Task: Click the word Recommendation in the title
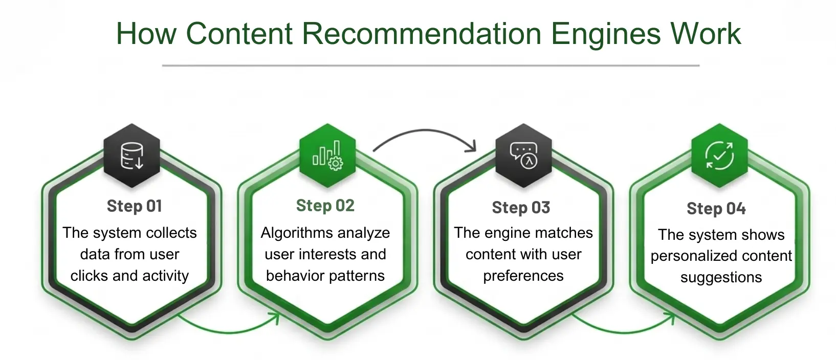tap(421, 34)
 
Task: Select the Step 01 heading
tap(135, 206)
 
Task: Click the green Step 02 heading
tap(325, 206)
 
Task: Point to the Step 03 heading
tap(521, 208)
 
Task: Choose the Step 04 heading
tap(716, 209)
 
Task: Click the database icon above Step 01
tap(132, 155)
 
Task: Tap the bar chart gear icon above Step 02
tap(327, 155)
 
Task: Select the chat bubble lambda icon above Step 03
tap(523, 155)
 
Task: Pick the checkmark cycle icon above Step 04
tap(719, 155)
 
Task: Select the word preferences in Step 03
tap(523, 276)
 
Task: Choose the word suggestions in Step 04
tap(721, 278)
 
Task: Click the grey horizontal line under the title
tap(430, 65)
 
